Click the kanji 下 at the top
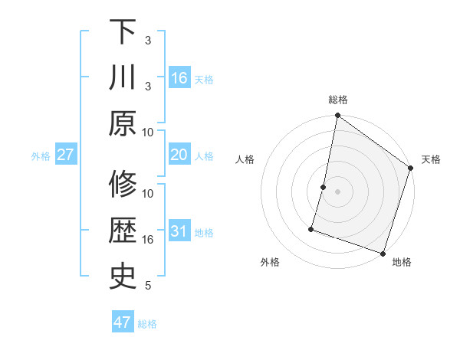coord(123,32)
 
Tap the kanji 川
coord(123,78)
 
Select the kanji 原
coord(123,123)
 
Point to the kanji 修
coord(123,186)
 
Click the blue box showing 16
coord(179,78)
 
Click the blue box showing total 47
coord(123,322)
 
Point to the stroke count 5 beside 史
coord(148,286)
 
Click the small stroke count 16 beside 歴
coord(148,240)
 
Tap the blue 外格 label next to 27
coord(41,156)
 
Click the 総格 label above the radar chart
coord(338,100)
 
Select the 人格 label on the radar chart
coord(245,159)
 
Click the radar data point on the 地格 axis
coord(383,253)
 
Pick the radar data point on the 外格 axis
coord(312,228)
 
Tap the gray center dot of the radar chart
coord(338,191)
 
